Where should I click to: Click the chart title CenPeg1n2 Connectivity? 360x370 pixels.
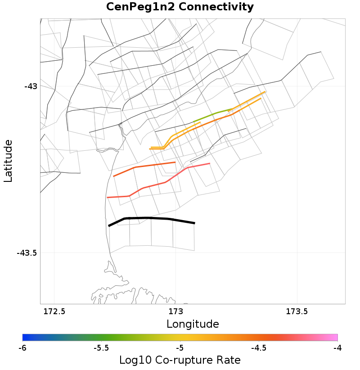[x=180, y=7]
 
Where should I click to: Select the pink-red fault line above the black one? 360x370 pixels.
[x=166, y=182]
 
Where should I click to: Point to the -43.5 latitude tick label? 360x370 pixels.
[x=27, y=253]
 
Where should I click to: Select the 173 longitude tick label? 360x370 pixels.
[x=175, y=311]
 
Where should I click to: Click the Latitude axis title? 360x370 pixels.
[x=8, y=161]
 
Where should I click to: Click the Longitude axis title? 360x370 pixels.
[x=193, y=324]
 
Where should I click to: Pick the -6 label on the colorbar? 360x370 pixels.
[x=22, y=348]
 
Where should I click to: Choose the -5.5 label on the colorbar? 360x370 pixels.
[x=101, y=348]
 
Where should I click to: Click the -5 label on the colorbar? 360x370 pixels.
[x=180, y=348]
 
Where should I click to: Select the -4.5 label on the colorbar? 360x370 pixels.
[x=259, y=348]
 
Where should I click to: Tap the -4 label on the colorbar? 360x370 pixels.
[x=337, y=348]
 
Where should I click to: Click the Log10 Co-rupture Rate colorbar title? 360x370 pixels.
[x=180, y=360]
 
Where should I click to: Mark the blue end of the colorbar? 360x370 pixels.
[x=25, y=337]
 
